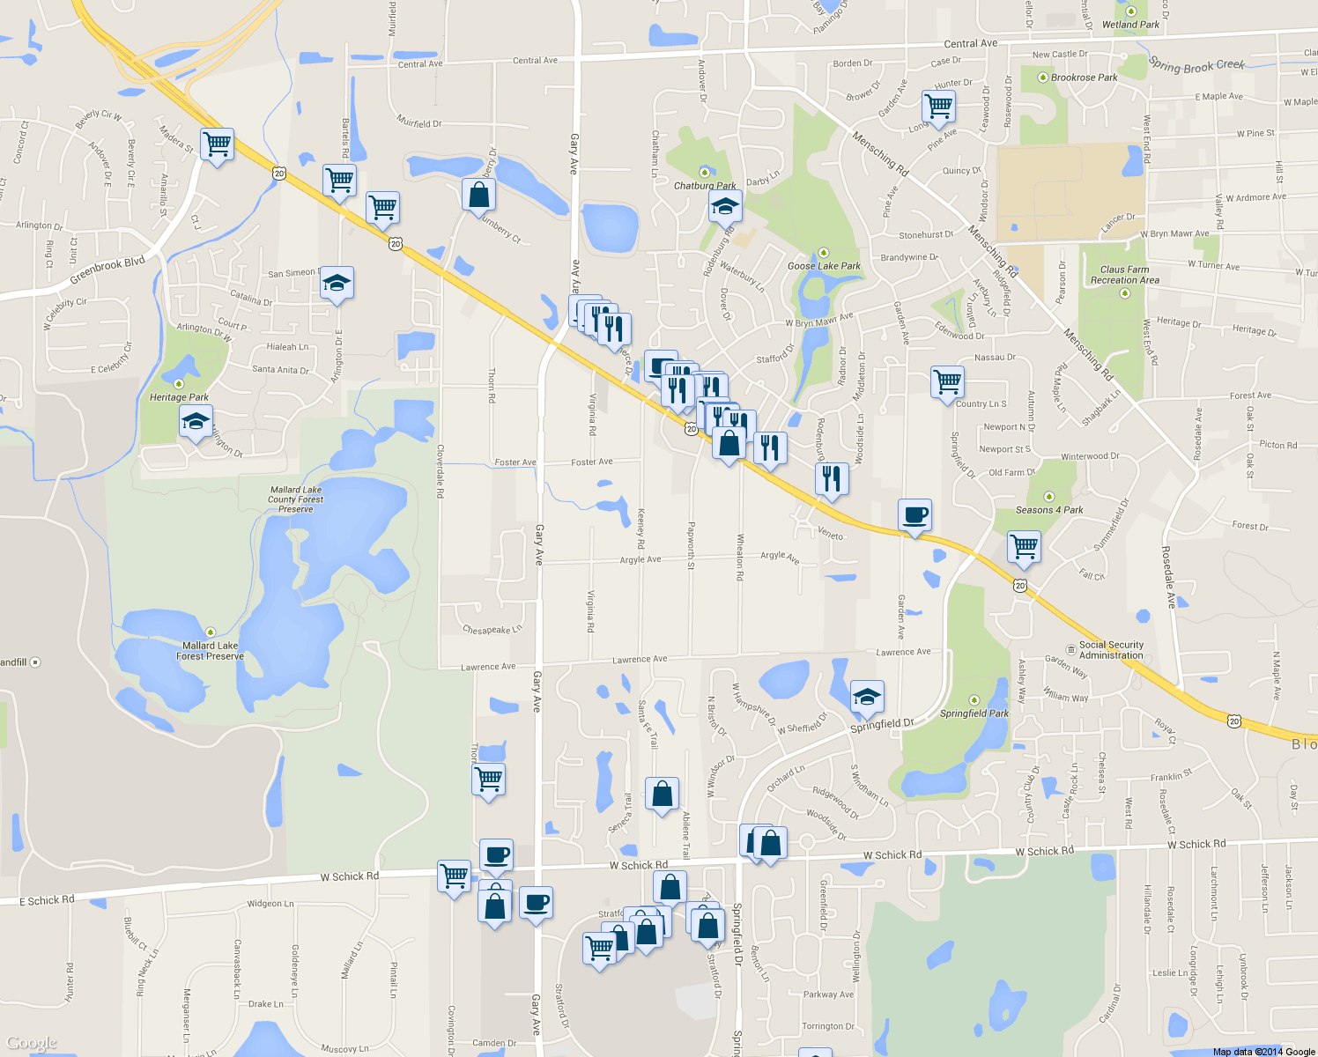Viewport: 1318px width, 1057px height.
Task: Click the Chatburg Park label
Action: click(705, 186)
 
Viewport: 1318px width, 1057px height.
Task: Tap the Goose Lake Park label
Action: click(824, 265)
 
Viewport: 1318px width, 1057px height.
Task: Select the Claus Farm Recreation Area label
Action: click(1125, 275)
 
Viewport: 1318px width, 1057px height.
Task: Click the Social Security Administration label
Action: click(1111, 650)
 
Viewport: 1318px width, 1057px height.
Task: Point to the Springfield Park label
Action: click(974, 713)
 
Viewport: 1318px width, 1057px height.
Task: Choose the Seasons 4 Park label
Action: click(1049, 510)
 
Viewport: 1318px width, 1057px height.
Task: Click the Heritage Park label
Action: click(179, 397)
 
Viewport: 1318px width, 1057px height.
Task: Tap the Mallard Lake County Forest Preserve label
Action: click(296, 499)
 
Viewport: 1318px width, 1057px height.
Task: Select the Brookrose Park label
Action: click(1084, 78)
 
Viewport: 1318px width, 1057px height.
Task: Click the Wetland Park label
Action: click(1130, 25)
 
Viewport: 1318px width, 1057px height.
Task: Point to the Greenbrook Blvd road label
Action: click(107, 271)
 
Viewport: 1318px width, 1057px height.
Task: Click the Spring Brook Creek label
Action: click(1196, 65)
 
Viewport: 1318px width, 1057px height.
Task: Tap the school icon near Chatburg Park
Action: click(725, 207)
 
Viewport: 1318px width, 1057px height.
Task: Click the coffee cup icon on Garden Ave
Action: click(914, 514)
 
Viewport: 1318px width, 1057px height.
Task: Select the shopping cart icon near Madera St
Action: click(217, 144)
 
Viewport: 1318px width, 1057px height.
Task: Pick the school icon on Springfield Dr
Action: click(867, 697)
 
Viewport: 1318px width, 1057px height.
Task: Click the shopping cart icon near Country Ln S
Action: click(947, 382)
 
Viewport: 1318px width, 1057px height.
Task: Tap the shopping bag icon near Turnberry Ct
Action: click(478, 195)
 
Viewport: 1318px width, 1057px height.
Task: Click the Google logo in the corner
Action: click(32, 1044)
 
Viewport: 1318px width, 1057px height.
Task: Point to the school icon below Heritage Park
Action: click(196, 421)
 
